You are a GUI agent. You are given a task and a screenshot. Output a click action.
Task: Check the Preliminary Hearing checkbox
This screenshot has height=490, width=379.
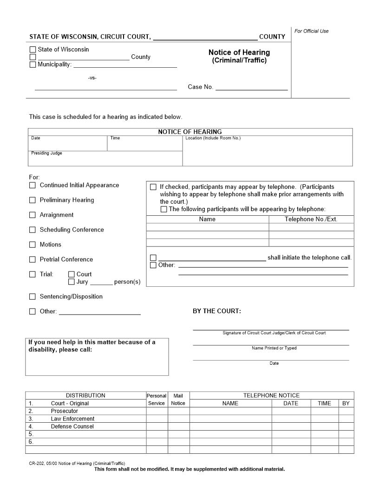[x=33, y=200]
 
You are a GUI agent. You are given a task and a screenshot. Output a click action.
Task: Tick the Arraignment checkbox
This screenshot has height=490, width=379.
[x=33, y=215]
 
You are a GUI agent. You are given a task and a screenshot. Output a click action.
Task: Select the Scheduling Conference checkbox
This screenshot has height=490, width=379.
[x=33, y=230]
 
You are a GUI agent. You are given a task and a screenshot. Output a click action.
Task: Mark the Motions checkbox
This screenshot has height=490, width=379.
[x=33, y=245]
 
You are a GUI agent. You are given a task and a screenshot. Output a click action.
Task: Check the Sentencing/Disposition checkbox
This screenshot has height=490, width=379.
[x=33, y=297]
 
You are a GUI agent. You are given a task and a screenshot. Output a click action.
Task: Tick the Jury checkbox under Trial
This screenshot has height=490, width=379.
[x=72, y=282]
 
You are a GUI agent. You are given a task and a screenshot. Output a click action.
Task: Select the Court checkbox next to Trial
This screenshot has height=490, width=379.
[x=72, y=274]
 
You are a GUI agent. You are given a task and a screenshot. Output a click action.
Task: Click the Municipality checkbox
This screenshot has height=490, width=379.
[x=33, y=64]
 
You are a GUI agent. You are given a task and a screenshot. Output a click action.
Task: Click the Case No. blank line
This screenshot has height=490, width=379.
[x=251, y=87]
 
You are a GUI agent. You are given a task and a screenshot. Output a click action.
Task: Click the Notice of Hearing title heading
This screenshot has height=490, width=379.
[x=239, y=52]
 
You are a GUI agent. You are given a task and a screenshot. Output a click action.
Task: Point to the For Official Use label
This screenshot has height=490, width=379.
[x=311, y=31]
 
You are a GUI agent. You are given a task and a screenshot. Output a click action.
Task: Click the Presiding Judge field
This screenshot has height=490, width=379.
[x=105, y=159]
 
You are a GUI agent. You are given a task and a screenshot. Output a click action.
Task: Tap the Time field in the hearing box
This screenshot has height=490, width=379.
[x=144, y=144]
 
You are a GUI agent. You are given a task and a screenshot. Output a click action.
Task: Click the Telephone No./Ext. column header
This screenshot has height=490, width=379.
[x=311, y=219]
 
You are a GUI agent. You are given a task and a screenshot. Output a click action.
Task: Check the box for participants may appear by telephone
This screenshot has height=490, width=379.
[x=153, y=187]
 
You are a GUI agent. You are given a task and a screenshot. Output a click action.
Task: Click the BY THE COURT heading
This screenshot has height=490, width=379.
[x=217, y=311]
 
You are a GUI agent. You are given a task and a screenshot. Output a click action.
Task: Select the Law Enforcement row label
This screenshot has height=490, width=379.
[x=72, y=419]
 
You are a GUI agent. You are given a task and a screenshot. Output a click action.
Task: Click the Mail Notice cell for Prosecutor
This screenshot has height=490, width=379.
[x=178, y=411]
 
